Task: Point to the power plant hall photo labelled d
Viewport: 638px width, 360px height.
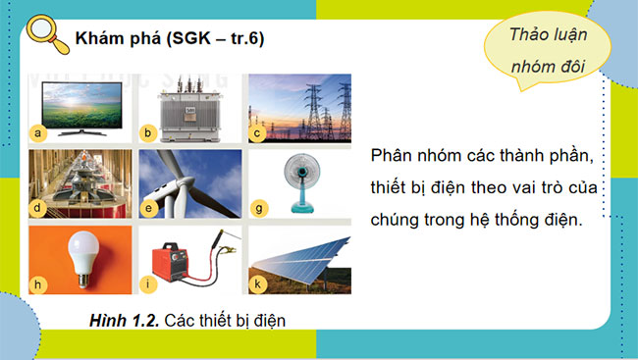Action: click(x=81, y=182)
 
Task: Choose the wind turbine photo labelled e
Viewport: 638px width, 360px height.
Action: click(x=190, y=182)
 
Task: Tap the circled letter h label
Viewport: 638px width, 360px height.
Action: click(x=39, y=285)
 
